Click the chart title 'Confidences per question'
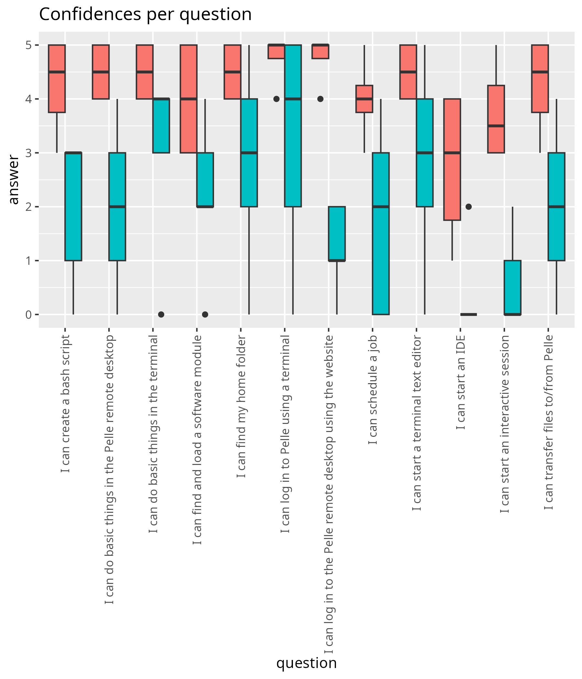pos(145,15)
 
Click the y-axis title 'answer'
pos(14,179)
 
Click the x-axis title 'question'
pos(307,663)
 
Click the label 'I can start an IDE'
pos(461,382)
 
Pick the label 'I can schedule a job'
pos(373,390)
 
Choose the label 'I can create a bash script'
pos(66,404)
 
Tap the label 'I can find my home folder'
pos(241,406)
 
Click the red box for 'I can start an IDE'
pos(452,159)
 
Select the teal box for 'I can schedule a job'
pos(381,233)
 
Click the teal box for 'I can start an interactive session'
pos(512,287)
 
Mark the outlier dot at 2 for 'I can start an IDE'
pos(469,207)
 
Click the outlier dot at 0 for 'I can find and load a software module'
pos(205,315)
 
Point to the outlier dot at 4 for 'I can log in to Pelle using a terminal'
pos(276,99)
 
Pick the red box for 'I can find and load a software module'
pos(189,99)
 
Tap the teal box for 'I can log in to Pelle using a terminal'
pos(293,125)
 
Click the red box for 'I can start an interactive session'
pos(496,119)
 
